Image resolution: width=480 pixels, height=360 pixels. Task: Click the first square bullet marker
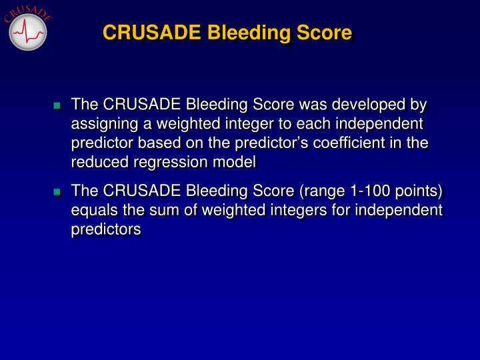click(x=57, y=106)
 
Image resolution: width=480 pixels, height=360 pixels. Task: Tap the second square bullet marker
click(x=57, y=193)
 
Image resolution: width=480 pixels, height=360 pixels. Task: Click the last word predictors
click(x=106, y=230)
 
